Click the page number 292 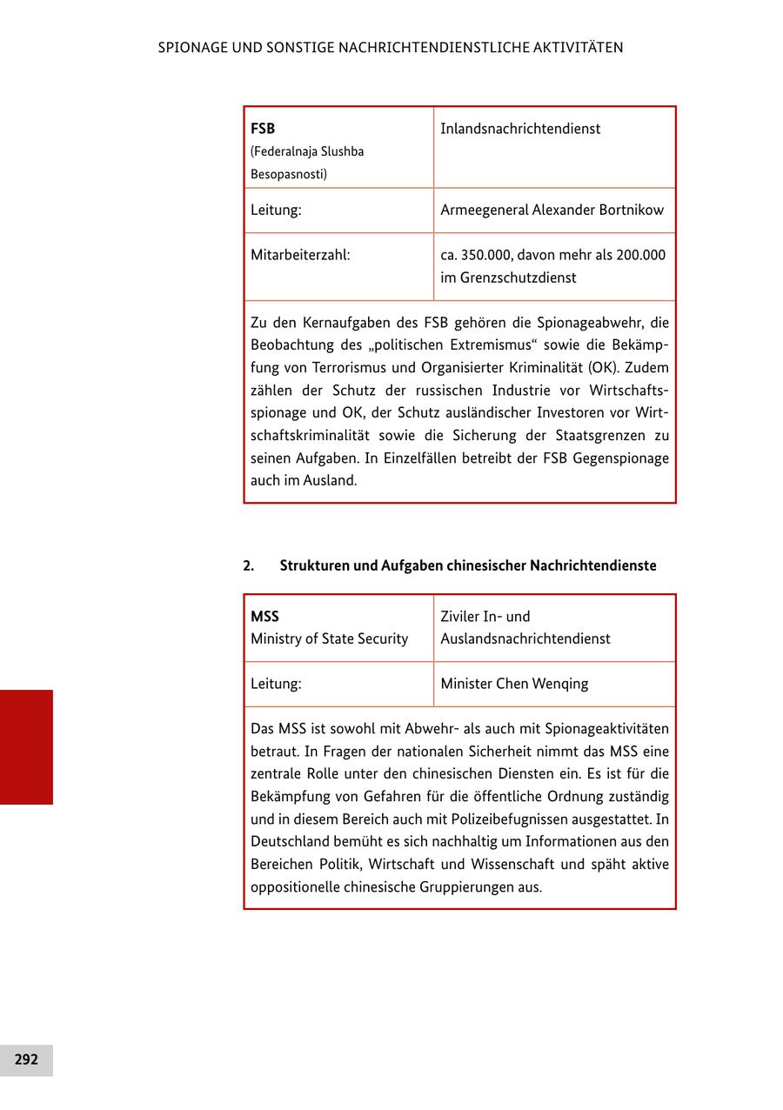tap(26, 1060)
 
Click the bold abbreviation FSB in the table tap(263, 129)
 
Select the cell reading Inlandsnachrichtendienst tap(520, 129)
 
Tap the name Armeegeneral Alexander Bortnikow tap(552, 210)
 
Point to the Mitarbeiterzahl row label tap(300, 255)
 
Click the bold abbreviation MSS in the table tap(264, 616)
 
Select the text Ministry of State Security tap(329, 639)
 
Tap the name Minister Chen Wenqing tap(514, 684)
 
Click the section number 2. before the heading tap(249, 565)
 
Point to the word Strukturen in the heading tap(314, 565)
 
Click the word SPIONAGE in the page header tap(191, 48)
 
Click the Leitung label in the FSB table tap(276, 210)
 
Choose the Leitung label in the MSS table tap(276, 684)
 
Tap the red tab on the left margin tap(26, 746)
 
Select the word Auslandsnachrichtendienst tap(525, 639)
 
